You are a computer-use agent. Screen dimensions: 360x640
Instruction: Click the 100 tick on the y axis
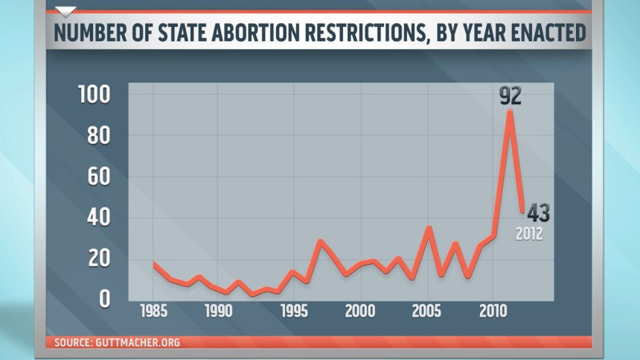(x=94, y=95)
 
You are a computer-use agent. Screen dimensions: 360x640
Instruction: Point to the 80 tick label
(x=97, y=136)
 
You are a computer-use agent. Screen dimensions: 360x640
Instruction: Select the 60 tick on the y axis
(x=97, y=177)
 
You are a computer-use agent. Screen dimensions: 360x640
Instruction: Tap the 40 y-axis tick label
(x=97, y=218)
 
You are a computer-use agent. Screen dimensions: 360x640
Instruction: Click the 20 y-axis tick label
(x=97, y=259)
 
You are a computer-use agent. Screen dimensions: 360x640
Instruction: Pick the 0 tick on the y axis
(x=104, y=299)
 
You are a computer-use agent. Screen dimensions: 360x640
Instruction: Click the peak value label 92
(x=511, y=96)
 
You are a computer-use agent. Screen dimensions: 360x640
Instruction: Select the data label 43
(x=533, y=213)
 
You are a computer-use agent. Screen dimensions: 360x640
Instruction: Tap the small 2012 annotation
(x=530, y=234)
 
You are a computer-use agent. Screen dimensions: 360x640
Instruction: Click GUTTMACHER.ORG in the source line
(x=139, y=343)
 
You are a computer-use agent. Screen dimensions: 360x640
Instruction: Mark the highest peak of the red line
(x=510, y=112)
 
